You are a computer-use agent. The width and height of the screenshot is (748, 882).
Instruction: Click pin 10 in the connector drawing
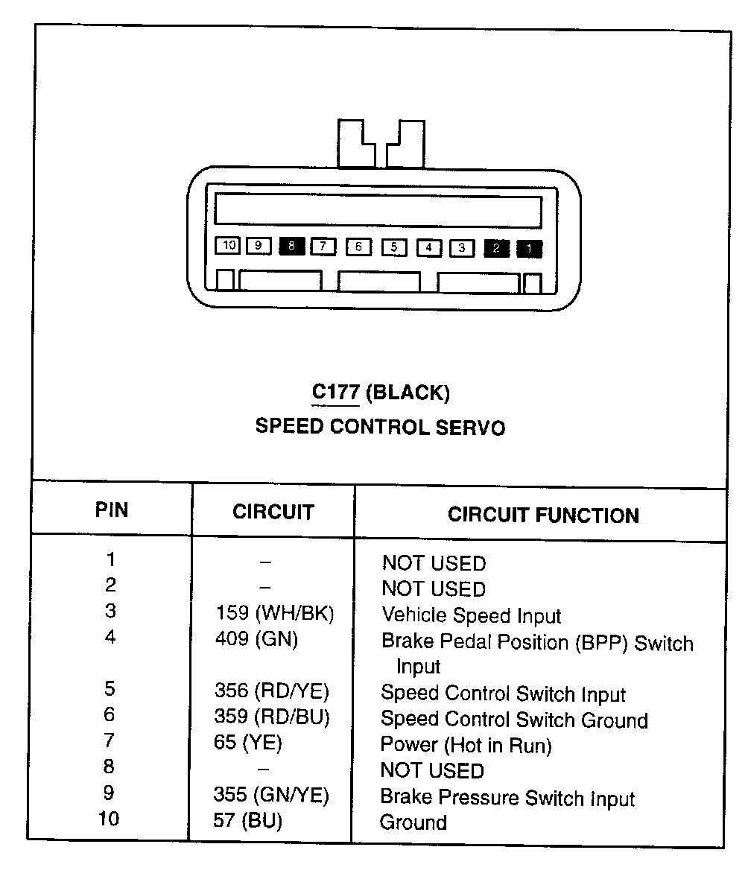point(228,245)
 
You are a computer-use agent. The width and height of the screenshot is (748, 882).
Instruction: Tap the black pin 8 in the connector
point(291,246)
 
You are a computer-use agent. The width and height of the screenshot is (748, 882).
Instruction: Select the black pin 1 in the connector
point(530,249)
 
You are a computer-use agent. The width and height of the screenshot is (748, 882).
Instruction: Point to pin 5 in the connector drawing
point(394,247)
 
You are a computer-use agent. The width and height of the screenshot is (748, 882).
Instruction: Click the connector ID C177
point(335,392)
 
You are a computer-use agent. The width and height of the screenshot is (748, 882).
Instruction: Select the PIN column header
point(111,510)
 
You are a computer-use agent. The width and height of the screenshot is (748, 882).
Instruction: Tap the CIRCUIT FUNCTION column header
point(543,515)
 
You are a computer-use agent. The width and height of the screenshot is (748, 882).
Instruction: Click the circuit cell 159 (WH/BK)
point(273,614)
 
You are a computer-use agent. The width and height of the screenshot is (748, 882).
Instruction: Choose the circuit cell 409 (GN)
point(256,639)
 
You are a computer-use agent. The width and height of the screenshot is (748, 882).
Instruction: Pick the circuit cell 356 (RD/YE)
point(271,691)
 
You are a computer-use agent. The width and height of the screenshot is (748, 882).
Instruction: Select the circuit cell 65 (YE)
point(247,743)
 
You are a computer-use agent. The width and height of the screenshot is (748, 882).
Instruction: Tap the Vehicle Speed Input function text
point(471,616)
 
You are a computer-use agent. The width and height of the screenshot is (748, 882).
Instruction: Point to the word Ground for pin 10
point(413,823)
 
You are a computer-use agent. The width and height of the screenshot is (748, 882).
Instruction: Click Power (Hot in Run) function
point(466,745)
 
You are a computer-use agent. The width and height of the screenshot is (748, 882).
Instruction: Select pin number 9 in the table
point(109,793)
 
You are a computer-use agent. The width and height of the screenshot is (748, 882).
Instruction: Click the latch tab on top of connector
point(381,143)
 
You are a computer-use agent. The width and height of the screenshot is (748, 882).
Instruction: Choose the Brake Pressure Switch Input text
point(507,798)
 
